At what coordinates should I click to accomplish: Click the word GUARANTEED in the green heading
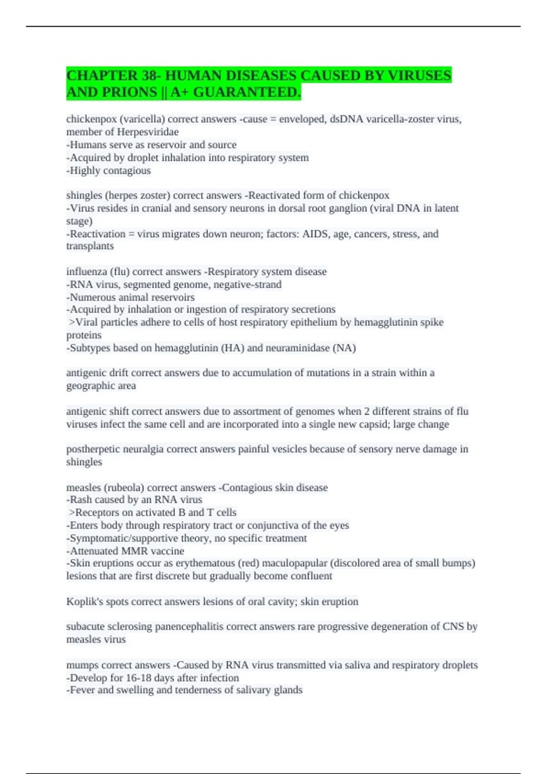(x=247, y=92)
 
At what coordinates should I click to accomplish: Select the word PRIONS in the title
(x=130, y=92)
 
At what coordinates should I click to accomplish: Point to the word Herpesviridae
(x=148, y=132)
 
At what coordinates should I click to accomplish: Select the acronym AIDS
(x=316, y=234)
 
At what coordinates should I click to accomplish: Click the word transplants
(x=90, y=246)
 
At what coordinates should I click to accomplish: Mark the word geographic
(x=90, y=386)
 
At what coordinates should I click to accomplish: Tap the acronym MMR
(x=134, y=551)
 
